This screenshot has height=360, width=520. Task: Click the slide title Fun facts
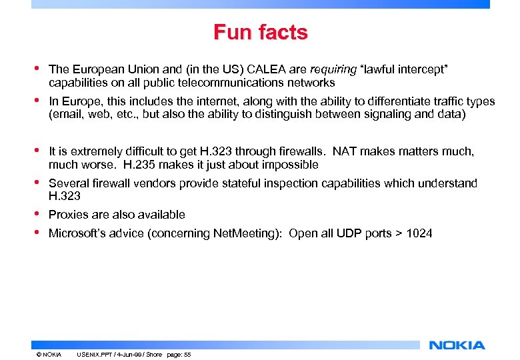[x=260, y=32]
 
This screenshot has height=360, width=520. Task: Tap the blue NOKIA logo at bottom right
[x=457, y=345]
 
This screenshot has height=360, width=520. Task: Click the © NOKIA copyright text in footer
[x=49, y=355]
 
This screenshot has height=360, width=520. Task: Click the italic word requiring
[x=333, y=69]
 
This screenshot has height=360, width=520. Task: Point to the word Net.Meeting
[x=241, y=233]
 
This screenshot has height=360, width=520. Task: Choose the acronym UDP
[x=349, y=233]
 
